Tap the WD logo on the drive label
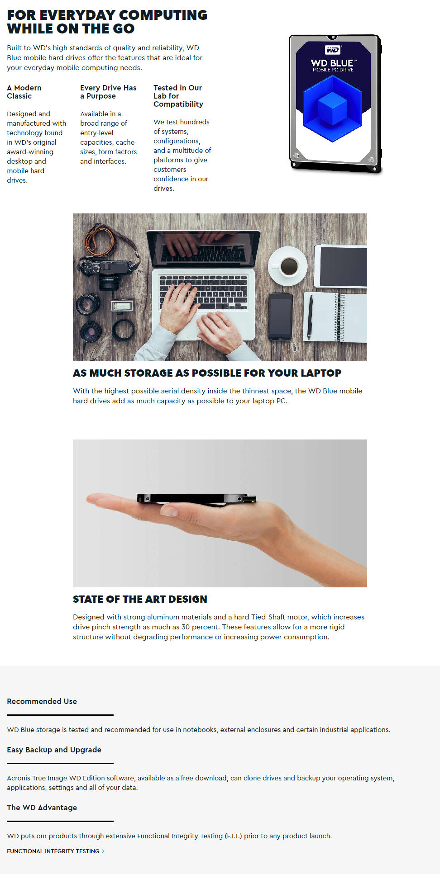pos(333,50)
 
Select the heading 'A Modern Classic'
pos(24,92)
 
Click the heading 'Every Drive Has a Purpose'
pos(108,92)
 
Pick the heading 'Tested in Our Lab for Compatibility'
pos(178,96)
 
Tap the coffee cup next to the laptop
pos(288,266)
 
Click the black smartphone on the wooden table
pos(280,317)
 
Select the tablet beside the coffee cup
pos(341,266)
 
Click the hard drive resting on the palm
pos(196,498)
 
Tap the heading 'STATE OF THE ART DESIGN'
pos(140,599)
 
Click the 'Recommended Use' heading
pos(42,701)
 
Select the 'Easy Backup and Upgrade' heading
pos(54,750)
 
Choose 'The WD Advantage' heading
pos(42,808)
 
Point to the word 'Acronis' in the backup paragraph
pos(19,778)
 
